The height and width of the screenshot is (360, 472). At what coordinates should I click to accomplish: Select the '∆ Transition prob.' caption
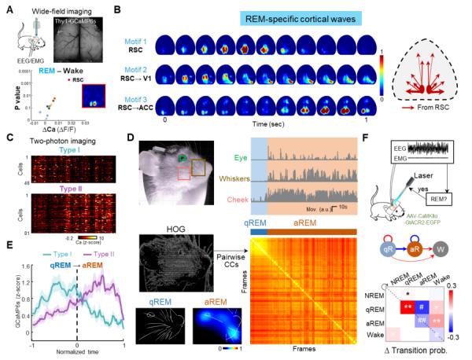click(417, 349)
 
